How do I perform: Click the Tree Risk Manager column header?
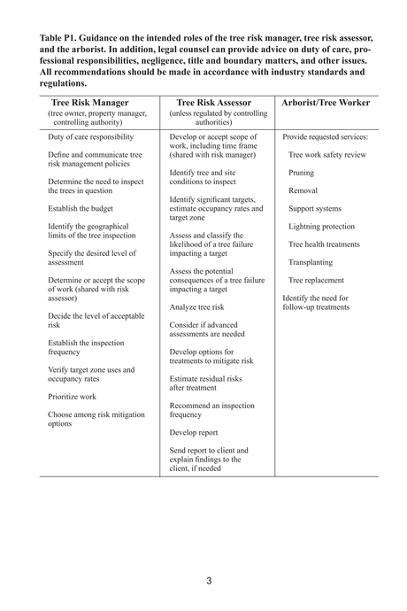(89, 103)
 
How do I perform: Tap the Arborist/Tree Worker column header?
(325, 103)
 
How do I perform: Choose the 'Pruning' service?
(301, 173)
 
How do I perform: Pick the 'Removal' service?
(303, 190)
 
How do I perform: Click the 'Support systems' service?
(314, 208)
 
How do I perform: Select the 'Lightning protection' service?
(321, 226)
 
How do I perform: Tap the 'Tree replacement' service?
(316, 280)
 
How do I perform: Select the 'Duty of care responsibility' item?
(91, 137)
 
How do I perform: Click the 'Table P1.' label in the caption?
(61, 39)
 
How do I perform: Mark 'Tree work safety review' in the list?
(326, 155)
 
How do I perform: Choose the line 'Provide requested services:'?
(325, 137)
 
